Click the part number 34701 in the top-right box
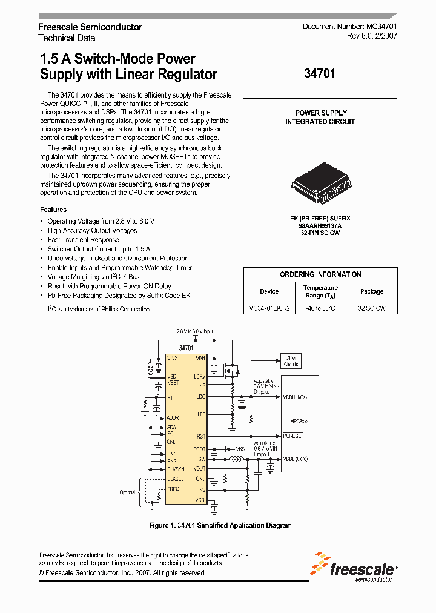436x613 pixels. (x=320, y=74)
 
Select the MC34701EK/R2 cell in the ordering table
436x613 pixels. (x=269, y=308)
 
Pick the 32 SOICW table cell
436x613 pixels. (x=371, y=308)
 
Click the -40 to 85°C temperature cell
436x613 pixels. (x=320, y=308)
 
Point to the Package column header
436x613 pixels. (x=371, y=291)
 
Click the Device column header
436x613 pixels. (x=269, y=291)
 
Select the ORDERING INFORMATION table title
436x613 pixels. (x=320, y=274)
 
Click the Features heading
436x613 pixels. (x=53, y=209)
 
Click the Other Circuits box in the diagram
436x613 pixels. (x=291, y=361)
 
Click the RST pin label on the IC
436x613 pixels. (x=201, y=436)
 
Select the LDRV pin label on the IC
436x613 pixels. (x=200, y=376)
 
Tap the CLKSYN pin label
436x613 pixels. (x=176, y=469)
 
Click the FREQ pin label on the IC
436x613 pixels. (x=173, y=488)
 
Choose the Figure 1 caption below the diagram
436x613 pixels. (x=220, y=525)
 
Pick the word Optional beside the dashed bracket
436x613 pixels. (x=127, y=492)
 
